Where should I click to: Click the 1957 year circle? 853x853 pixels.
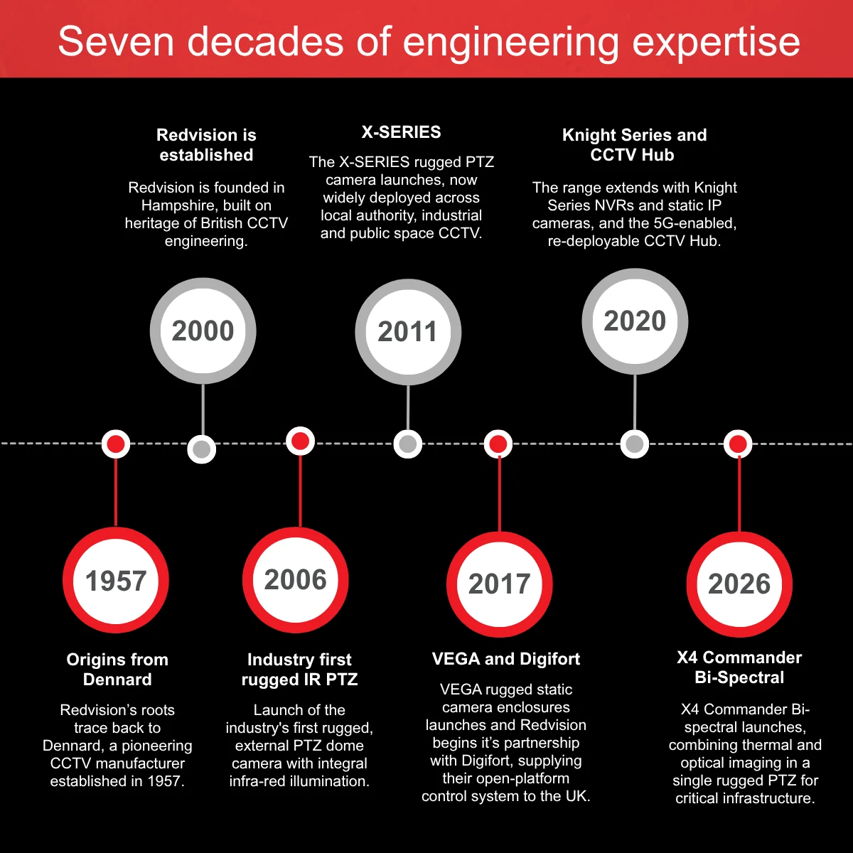tap(116, 580)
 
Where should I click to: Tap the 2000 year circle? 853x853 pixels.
tap(203, 331)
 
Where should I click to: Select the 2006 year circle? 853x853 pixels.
tap(295, 580)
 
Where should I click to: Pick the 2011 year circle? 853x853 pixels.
tap(408, 332)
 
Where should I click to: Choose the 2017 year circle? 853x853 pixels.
tap(499, 584)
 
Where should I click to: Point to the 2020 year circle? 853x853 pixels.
tap(635, 321)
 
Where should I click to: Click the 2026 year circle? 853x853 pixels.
tap(739, 584)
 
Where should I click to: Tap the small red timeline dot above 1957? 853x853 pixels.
tap(116, 444)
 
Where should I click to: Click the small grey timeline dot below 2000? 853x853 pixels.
tap(201, 449)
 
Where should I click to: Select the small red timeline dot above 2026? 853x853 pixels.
tap(738, 444)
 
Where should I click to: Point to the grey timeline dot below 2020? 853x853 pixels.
tap(634, 444)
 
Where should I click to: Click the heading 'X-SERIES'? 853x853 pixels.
tap(401, 132)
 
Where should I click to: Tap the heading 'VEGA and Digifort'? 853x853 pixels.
tap(505, 659)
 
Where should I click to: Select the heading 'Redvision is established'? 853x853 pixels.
tap(206, 145)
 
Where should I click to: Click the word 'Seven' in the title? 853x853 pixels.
tap(116, 41)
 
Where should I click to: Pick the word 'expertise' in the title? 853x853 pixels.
tap(716, 43)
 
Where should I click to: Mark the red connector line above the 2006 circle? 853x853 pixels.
tap(300, 491)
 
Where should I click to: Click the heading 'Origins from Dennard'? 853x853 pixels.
tap(117, 670)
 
